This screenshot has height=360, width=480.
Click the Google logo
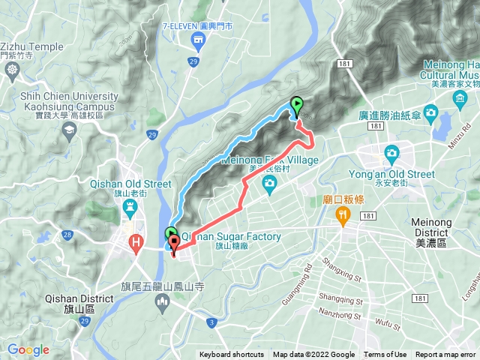tap(28, 350)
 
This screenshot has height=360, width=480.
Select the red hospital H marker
tap(136, 241)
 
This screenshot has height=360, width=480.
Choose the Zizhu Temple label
tap(31, 46)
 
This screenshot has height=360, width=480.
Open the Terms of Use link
tap(385, 355)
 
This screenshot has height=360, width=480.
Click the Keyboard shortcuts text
tap(232, 355)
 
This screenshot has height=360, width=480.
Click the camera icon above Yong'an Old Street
tap(391, 154)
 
